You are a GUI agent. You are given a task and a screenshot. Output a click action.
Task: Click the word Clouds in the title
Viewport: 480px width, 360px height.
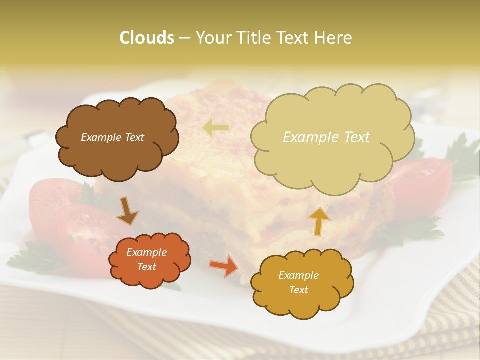click(x=147, y=38)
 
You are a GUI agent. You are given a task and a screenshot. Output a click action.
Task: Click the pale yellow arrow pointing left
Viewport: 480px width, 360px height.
click(x=216, y=128)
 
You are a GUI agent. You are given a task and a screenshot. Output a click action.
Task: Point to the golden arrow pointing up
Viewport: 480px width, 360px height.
click(x=319, y=221)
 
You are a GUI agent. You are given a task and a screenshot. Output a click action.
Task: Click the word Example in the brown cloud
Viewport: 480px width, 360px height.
click(x=100, y=137)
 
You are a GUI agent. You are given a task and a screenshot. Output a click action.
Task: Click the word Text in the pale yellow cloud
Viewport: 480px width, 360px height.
click(x=356, y=137)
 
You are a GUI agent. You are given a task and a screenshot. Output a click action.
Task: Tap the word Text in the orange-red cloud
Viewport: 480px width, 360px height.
click(x=146, y=267)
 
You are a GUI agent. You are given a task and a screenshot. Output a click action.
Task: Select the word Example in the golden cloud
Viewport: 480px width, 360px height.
click(x=298, y=275)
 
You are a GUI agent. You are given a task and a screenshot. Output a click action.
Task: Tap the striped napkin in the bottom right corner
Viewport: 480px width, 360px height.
click(x=452, y=320)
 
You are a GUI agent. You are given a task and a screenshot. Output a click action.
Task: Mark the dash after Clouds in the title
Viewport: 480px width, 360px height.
click(x=184, y=38)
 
